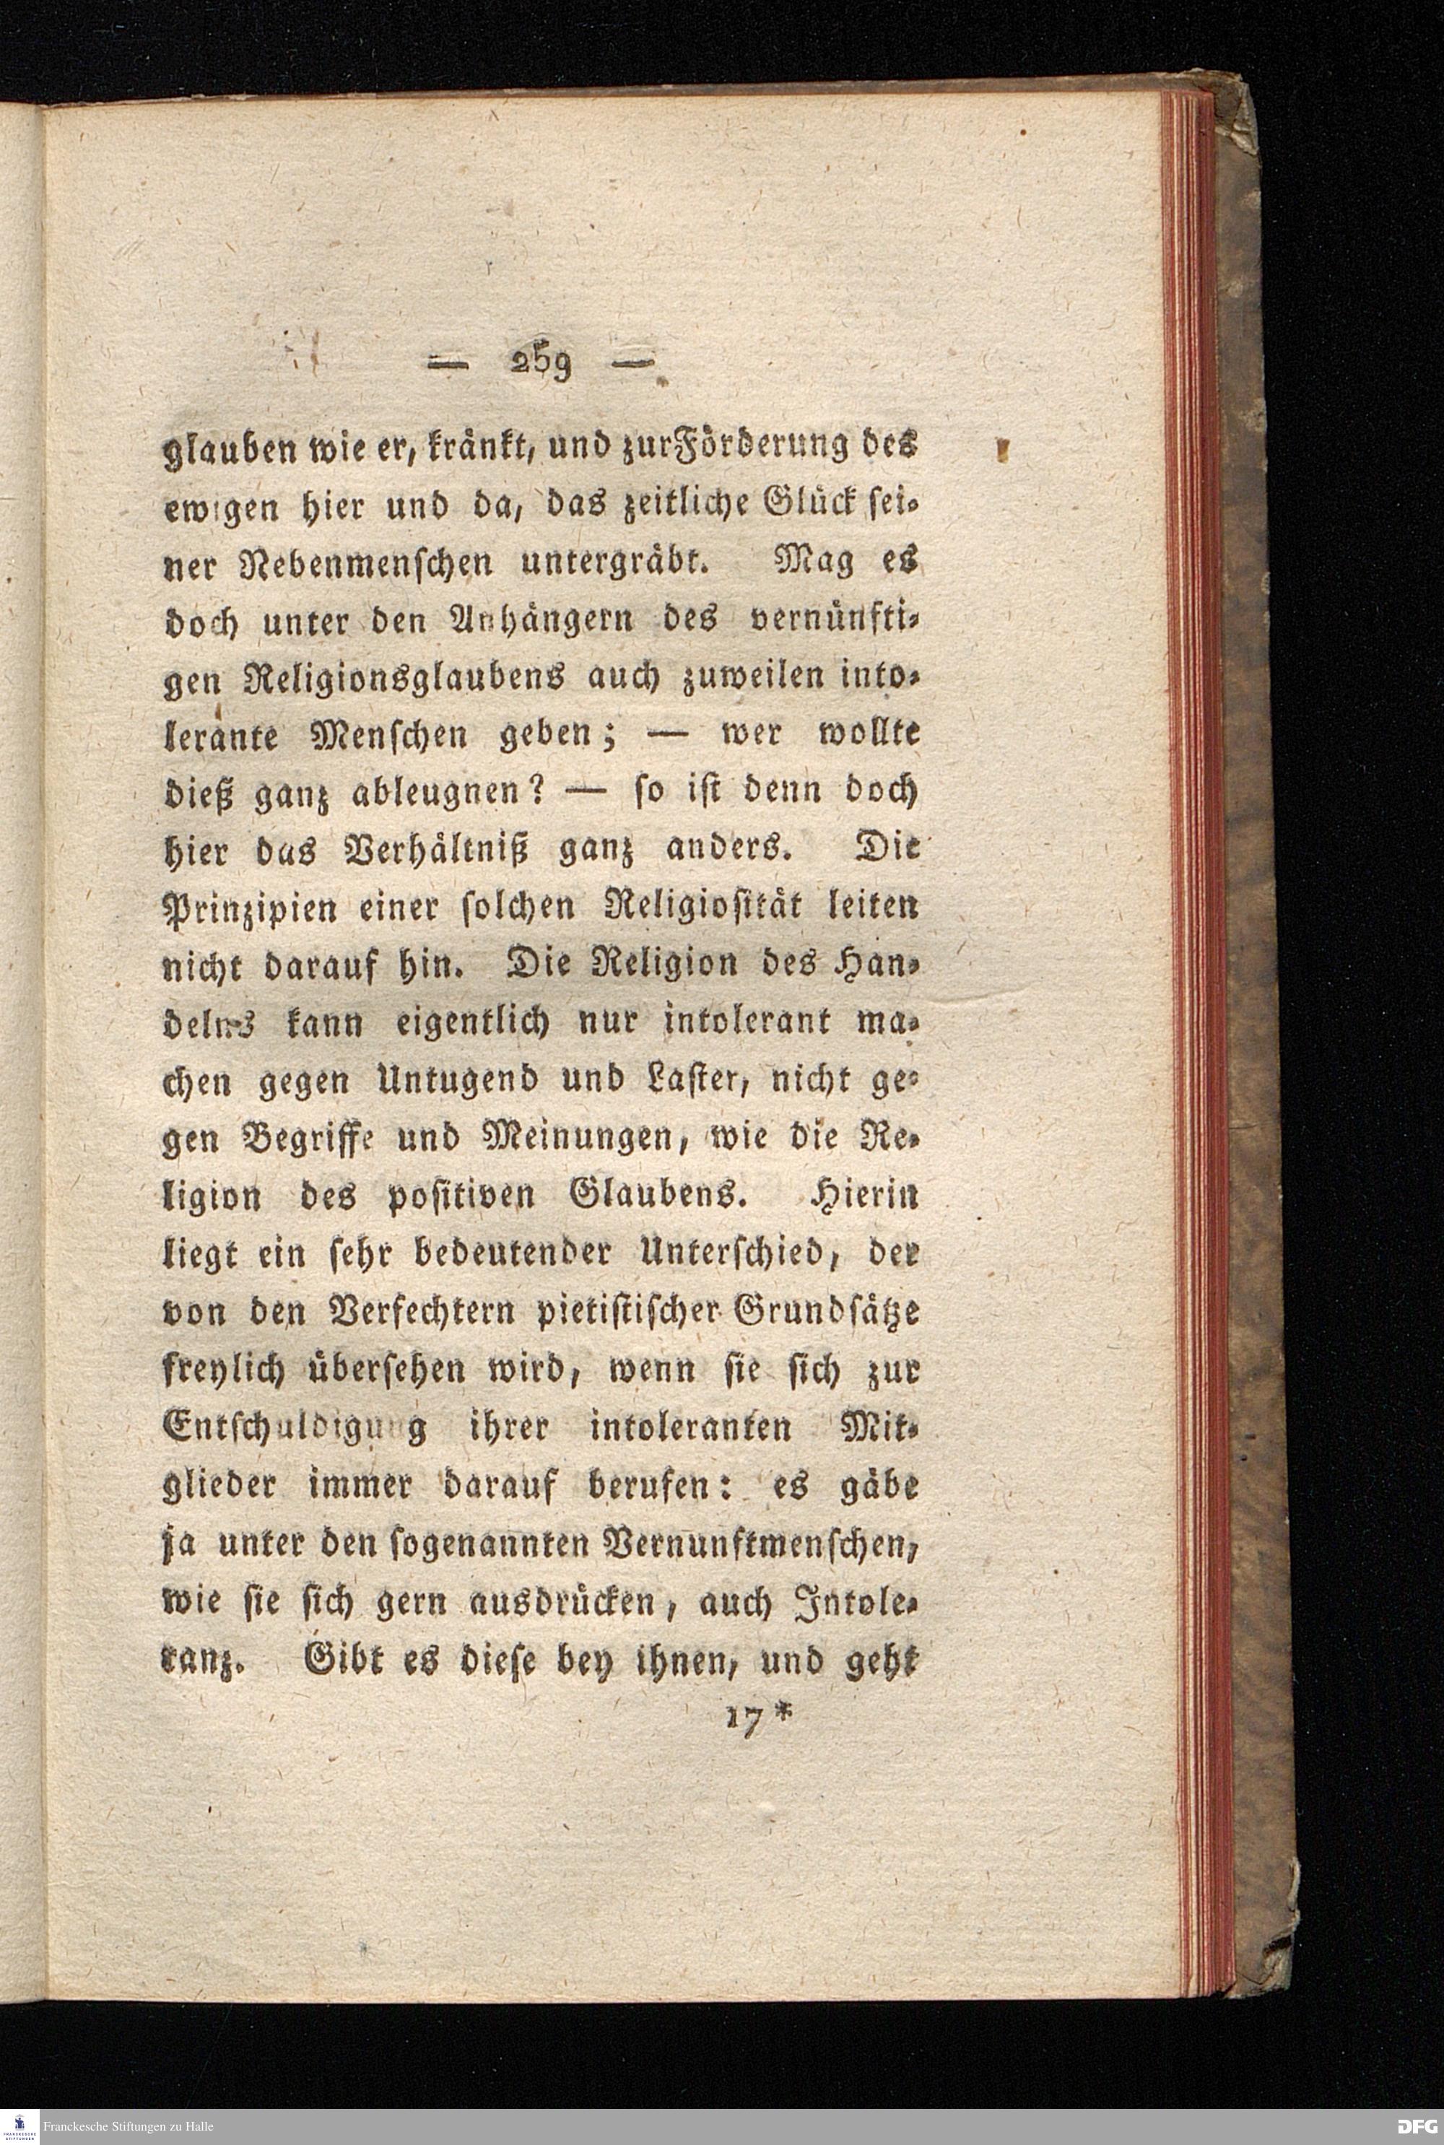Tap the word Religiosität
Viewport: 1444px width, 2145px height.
[686, 907]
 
